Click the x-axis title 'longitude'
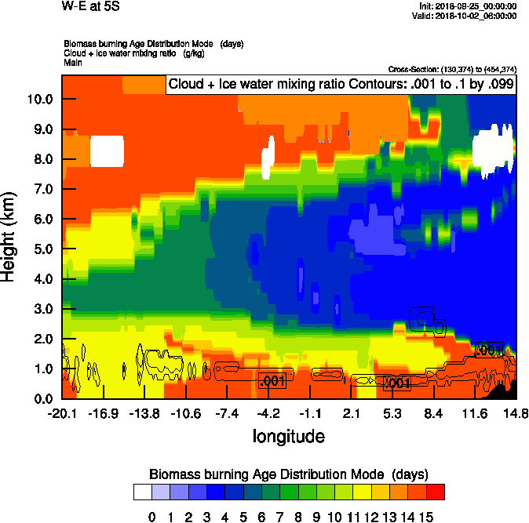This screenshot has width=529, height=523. pos(288,435)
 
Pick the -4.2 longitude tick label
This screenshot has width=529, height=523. pos(268,413)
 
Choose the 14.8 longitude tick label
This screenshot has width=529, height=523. pos(516,413)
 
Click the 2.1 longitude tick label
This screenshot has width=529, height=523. pos(352,413)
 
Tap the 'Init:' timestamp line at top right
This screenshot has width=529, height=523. pos(469,6)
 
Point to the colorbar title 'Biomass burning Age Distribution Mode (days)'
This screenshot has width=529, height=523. pos(288,474)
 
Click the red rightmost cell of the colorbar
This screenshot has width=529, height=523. pos(435,492)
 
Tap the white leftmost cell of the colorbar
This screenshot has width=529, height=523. pos(141,492)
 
